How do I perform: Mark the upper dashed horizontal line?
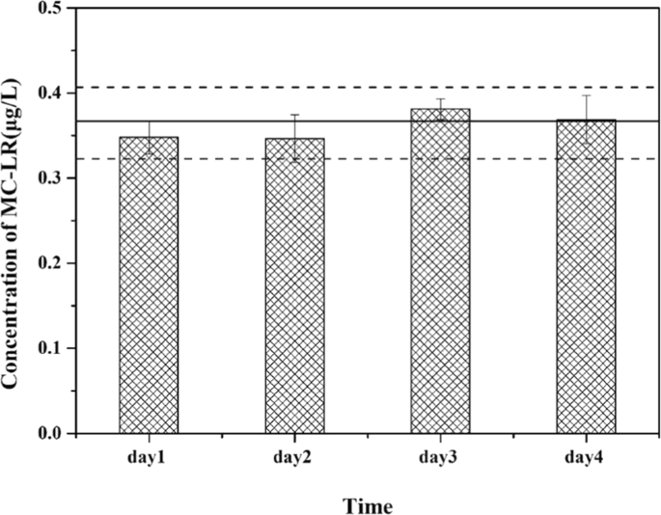tap(367, 88)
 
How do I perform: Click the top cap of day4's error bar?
tap(586, 95)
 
